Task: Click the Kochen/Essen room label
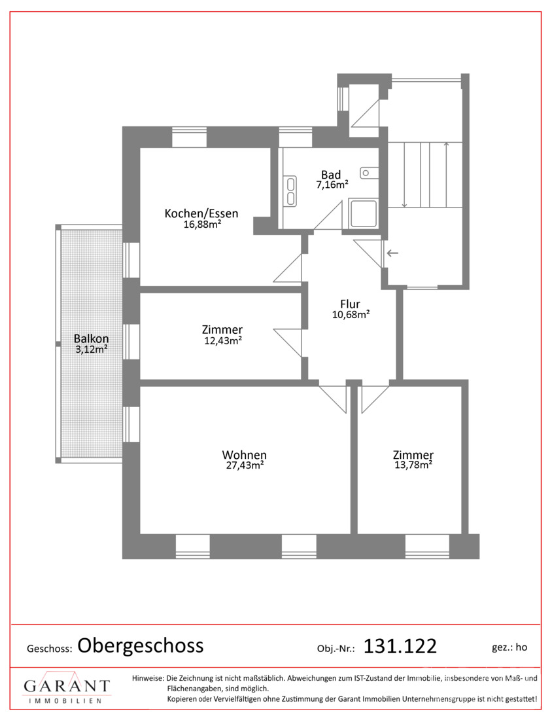201,213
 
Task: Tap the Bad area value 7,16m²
332,185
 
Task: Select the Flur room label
350,304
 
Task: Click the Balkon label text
92,339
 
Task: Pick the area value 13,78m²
413,465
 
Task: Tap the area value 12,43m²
223,341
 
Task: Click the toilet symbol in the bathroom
369,173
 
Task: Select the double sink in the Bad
290,190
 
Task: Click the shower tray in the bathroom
364,214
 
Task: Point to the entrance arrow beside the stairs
393,253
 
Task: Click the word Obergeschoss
141,645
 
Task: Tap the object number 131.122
400,647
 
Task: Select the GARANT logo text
67,686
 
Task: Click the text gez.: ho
509,647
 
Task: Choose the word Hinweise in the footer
148,678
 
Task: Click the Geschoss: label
50,649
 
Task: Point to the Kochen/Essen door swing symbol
288,268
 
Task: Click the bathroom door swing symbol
328,215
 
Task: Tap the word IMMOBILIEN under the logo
65,701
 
